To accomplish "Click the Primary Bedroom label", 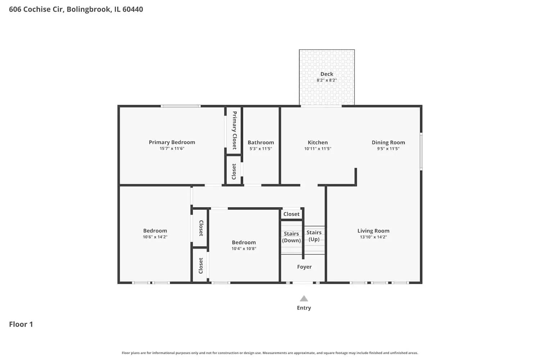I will click(172, 142).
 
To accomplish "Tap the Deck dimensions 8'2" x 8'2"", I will click(327, 80).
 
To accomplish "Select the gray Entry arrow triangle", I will click(304, 299).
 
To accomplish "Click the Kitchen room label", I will click(318, 143).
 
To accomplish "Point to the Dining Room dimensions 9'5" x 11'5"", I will click(388, 149).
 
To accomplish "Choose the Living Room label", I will click(373, 231).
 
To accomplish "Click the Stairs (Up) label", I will click(314, 236).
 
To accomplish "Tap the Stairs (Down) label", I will click(291, 237).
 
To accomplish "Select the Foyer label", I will click(304, 267).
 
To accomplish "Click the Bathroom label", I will click(261, 143).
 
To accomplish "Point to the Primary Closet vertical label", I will click(234, 130).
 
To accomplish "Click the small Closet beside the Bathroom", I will click(234, 171).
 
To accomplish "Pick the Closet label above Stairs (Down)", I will click(291, 214).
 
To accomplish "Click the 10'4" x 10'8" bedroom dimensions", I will click(244, 249).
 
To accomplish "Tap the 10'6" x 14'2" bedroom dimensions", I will click(155, 237).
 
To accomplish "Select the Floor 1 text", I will click(21, 324).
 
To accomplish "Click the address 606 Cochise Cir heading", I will click(76, 9).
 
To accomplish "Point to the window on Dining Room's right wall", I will click(421, 152).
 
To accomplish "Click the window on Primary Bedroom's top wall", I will click(180, 106).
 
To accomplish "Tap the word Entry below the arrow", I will click(304, 308).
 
